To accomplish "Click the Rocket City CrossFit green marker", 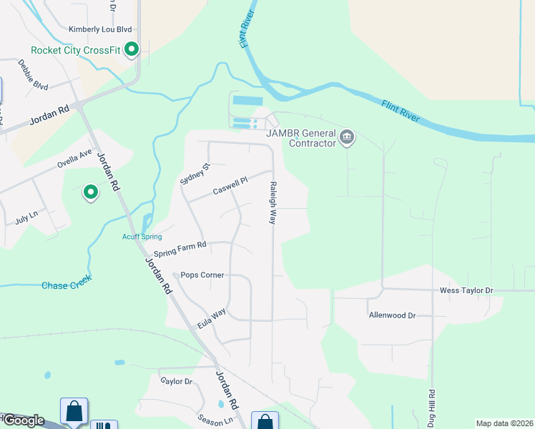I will point(132,50).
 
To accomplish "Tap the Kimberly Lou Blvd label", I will point(101,29).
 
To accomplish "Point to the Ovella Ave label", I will point(76,159).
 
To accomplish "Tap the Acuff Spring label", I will point(142,237).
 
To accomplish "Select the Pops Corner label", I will point(202,275).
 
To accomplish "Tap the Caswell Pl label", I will point(230,187).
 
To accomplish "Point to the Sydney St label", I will point(195,174).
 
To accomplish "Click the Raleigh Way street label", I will point(273,202).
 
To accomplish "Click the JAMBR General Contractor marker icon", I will point(348,137).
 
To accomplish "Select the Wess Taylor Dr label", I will point(466,291).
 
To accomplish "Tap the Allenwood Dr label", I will point(392,315).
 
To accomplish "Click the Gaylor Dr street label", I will point(177,382).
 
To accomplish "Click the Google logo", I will point(23,420).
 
